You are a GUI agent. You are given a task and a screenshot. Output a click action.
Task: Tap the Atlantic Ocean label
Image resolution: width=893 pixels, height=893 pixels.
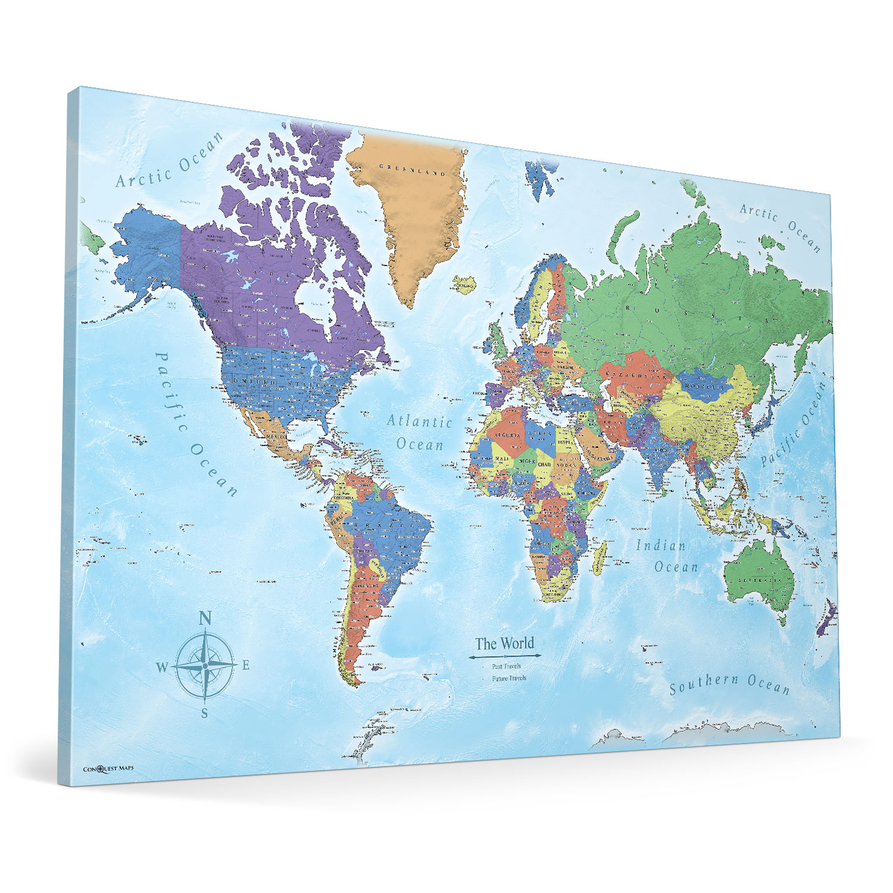click(420, 433)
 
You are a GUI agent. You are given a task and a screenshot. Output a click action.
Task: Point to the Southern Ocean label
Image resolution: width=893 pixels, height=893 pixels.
click(730, 685)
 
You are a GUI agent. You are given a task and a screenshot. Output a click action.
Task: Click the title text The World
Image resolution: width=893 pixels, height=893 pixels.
click(504, 644)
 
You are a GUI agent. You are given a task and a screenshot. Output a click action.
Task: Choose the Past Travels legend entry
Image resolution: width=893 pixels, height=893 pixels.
click(506, 666)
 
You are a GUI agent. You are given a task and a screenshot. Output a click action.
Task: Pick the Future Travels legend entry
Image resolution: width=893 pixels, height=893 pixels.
click(509, 678)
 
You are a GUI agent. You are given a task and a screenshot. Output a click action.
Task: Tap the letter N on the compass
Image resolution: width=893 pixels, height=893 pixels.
click(205, 619)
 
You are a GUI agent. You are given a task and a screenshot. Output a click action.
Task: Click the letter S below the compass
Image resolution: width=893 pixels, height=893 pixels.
click(204, 713)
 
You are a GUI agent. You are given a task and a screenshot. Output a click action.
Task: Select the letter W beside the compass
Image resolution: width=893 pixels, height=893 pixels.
click(162, 667)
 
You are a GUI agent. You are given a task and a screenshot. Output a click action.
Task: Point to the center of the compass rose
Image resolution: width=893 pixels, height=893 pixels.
click(205, 665)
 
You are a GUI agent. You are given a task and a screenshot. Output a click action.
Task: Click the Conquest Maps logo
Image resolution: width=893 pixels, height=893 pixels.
click(108, 769)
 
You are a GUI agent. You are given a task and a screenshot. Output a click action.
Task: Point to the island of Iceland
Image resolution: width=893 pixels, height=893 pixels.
click(464, 283)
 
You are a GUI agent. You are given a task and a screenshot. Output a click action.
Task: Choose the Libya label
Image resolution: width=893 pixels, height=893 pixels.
click(541, 428)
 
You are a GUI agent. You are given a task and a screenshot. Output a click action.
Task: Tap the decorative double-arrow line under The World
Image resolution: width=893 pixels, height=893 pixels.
click(505, 656)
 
